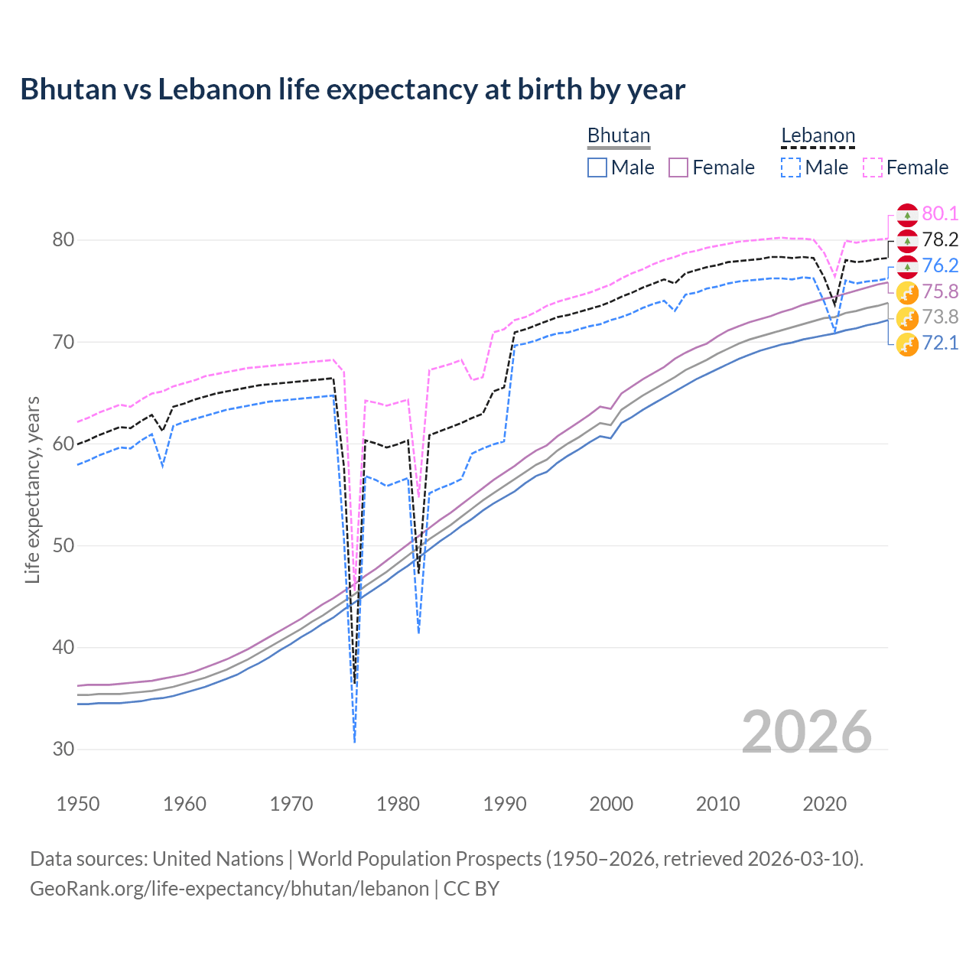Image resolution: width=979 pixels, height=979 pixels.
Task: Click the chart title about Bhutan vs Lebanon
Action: tap(353, 89)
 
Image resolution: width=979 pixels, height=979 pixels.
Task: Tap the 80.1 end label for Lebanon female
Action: tap(940, 214)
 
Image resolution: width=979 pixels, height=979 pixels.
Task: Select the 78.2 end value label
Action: tap(940, 240)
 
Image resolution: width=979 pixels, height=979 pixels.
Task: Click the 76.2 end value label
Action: tap(940, 265)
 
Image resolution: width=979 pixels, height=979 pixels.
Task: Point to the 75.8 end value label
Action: tap(940, 291)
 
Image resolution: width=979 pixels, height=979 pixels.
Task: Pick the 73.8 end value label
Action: tap(940, 317)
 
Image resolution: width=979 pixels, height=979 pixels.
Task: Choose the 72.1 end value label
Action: tap(940, 343)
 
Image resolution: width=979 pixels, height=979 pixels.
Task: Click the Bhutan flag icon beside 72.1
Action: tap(907, 344)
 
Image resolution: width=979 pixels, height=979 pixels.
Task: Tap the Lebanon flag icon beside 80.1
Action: tap(907, 215)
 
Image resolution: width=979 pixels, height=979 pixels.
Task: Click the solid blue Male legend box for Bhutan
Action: tap(597, 168)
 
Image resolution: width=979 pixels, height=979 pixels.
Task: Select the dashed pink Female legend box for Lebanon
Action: tap(873, 168)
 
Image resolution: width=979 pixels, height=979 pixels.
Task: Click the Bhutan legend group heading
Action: tap(618, 135)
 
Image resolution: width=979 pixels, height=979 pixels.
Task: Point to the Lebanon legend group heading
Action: tap(818, 136)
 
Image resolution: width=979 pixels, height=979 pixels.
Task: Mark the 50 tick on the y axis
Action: tap(63, 546)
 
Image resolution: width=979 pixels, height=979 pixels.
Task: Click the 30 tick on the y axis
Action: tap(63, 750)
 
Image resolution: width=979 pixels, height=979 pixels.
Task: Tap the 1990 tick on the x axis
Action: tap(505, 804)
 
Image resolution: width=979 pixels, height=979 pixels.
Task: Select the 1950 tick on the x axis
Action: tap(78, 804)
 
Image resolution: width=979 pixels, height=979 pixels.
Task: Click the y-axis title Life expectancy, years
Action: tap(32, 489)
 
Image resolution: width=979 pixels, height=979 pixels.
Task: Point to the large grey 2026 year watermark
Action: tap(807, 732)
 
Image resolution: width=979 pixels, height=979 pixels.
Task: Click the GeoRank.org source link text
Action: tap(229, 889)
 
